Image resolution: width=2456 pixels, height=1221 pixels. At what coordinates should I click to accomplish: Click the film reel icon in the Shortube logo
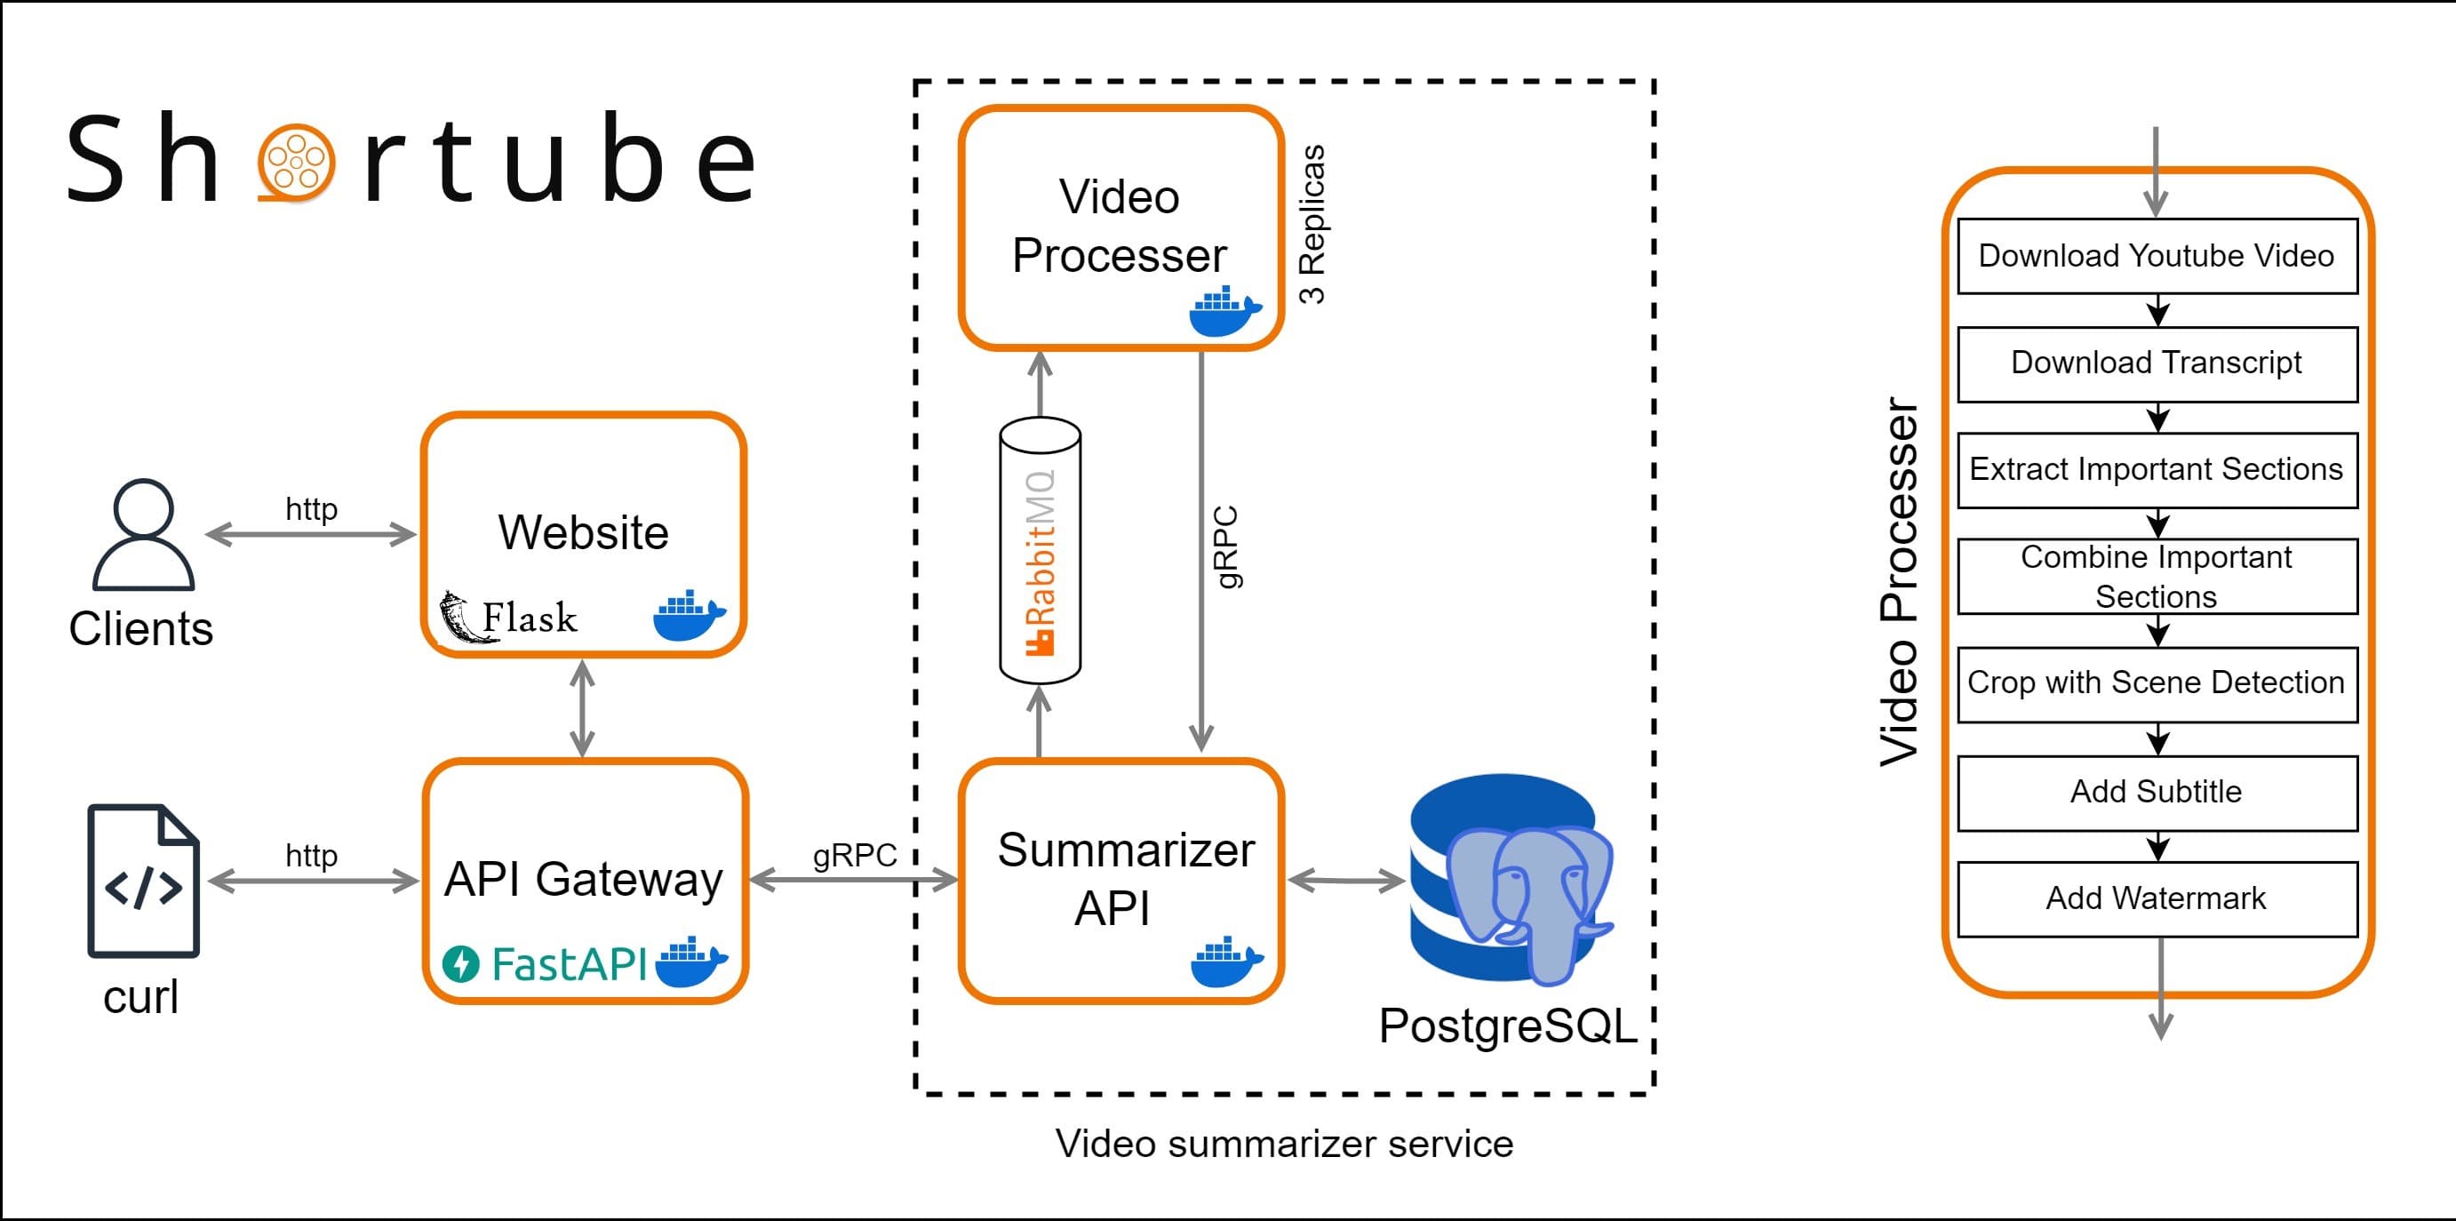[297, 163]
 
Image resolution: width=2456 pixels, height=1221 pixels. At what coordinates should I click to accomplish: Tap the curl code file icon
[143, 881]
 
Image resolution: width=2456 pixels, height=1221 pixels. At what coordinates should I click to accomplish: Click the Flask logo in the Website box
[508, 617]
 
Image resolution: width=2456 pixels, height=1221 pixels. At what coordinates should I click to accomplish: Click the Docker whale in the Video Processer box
[1224, 312]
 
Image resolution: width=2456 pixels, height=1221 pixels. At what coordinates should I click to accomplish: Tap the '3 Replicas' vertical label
[1312, 225]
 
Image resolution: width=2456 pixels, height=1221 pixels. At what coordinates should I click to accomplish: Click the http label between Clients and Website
[311, 509]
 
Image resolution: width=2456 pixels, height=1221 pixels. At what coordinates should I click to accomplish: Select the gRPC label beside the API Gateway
[854, 855]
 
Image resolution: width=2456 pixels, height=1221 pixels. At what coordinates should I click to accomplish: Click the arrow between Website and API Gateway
[583, 708]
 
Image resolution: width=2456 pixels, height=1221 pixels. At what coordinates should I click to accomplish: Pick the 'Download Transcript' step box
[2157, 363]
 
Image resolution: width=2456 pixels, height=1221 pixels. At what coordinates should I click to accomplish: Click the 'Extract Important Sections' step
[2157, 470]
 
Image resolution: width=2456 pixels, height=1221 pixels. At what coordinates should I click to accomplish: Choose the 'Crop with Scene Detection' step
[2157, 683]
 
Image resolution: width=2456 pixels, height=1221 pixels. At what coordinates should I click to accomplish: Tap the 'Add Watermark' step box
[2157, 898]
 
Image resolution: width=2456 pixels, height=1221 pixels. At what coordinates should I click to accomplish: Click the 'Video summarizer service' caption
[1283, 1144]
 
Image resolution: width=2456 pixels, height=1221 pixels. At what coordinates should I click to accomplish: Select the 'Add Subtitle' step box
[2157, 792]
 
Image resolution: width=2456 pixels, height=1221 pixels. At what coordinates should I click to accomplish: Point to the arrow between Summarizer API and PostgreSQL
[1345, 881]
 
